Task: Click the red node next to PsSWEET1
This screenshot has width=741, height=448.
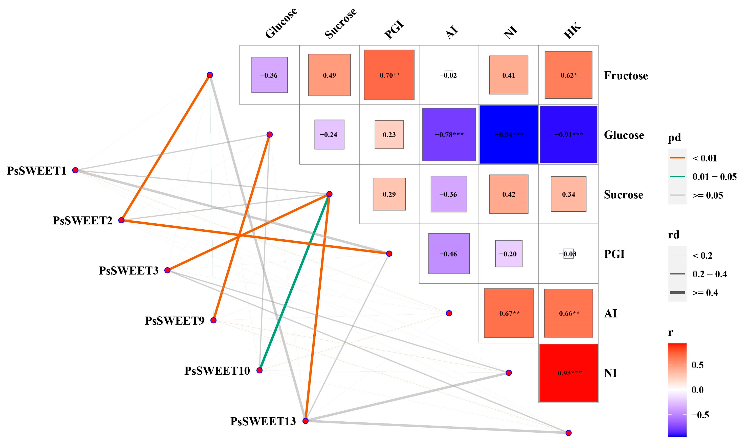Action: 75,170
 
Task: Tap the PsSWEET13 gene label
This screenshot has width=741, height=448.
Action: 263,421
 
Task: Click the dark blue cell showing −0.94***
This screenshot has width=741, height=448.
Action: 508,134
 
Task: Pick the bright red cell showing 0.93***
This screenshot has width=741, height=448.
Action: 568,373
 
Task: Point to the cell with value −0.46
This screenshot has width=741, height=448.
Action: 449,254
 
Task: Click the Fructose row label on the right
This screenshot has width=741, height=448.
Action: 626,75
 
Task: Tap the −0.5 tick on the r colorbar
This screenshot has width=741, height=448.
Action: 700,415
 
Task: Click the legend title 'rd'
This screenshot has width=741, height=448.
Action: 674,235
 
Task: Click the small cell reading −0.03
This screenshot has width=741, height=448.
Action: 568,254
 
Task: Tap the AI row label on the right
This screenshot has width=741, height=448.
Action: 610,313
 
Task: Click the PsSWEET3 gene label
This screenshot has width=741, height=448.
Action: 129,271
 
